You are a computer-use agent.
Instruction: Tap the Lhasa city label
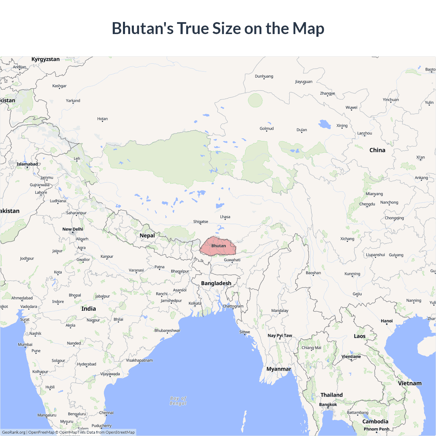pos(225,217)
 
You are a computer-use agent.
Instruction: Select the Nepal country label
pos(147,235)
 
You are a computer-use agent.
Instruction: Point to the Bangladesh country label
pos(216,283)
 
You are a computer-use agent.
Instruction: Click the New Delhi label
pos(73,229)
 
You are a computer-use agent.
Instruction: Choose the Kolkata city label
pos(195,303)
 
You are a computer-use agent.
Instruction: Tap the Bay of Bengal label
pos(178,401)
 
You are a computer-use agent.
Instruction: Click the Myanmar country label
pos(279,369)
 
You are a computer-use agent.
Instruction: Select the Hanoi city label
pos(387,321)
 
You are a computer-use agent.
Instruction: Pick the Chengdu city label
pos(367,204)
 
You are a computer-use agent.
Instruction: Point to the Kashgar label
pos(59,86)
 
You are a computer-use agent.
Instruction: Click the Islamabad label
pos(27,164)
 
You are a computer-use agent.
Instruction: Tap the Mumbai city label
pos(25,344)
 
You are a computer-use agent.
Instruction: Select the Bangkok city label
pos(328,405)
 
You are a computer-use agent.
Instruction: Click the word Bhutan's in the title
pos(143,28)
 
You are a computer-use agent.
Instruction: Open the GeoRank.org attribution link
pos(14,432)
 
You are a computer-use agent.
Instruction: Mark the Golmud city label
pos(267,128)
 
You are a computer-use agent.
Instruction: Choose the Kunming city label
pos(352,274)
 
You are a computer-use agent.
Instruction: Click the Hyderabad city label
pos(87,364)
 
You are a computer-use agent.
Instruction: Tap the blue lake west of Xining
pos(325,124)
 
